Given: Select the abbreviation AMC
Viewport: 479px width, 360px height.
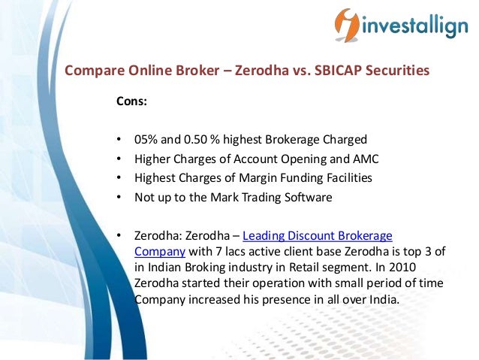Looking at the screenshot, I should click(x=366, y=159).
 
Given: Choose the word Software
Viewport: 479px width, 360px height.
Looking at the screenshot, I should click(x=306, y=198).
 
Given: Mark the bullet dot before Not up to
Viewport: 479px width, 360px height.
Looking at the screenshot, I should click(x=119, y=198).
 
